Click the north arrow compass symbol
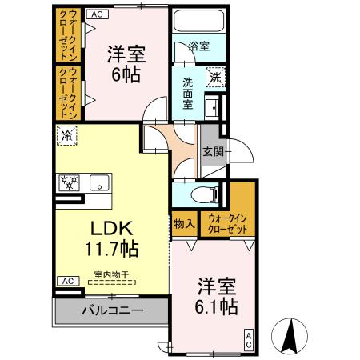(x=290, y=336)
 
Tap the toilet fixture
(x=205, y=194)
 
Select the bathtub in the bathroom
(x=198, y=21)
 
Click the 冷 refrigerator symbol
(x=66, y=135)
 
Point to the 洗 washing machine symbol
(x=215, y=78)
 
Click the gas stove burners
(x=69, y=182)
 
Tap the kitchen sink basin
(x=99, y=182)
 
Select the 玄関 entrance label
(x=214, y=152)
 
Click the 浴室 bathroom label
(x=198, y=46)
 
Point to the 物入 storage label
(x=184, y=223)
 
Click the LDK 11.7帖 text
(x=112, y=239)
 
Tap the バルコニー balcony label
(x=113, y=310)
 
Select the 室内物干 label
(x=111, y=274)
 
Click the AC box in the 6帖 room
(x=98, y=14)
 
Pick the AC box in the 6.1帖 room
(x=248, y=340)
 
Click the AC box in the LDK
(x=68, y=281)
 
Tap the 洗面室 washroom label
(x=188, y=94)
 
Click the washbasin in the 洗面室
(x=212, y=107)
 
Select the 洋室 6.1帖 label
(x=216, y=297)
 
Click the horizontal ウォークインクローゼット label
(x=227, y=223)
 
